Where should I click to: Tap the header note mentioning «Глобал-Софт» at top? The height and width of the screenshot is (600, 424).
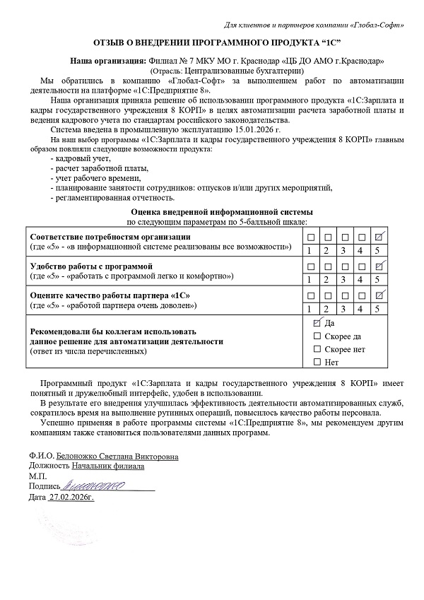314,26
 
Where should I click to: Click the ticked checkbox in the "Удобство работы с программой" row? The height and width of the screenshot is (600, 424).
379,265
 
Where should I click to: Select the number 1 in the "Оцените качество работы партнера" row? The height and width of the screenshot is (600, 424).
309,308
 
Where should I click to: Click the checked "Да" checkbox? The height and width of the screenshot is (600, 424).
317,322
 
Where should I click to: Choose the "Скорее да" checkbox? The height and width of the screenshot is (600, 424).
317,336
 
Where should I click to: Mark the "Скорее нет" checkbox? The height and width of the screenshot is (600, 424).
317,349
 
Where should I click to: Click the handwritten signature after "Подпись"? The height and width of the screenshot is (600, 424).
93,486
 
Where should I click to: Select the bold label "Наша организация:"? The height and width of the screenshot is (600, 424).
110,61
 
